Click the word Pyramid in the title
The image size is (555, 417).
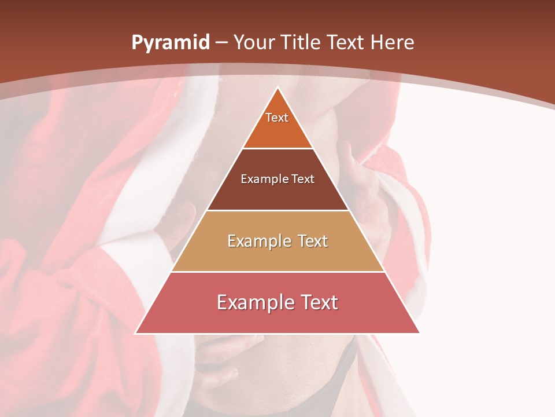pyautogui.click(x=170, y=43)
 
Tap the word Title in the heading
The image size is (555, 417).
pyautogui.click(x=299, y=42)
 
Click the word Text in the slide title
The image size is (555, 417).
pyautogui.click(x=346, y=42)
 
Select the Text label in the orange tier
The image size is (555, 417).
pyautogui.click(x=277, y=118)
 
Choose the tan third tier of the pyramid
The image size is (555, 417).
pyautogui.click(x=277, y=255)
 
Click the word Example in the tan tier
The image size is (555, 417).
pyautogui.click(x=257, y=241)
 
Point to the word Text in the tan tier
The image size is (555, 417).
pyautogui.click(x=313, y=241)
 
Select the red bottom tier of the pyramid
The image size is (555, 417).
pyautogui.click(x=277, y=319)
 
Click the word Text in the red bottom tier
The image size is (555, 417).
pyautogui.click(x=317, y=302)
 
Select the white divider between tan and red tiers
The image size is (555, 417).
pyautogui.click(x=277, y=272)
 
